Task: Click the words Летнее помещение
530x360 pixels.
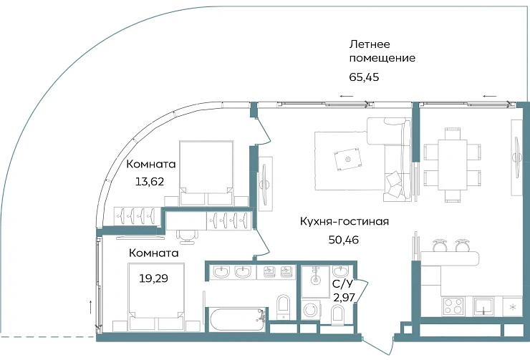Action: pos(381,50)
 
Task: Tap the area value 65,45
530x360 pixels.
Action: pos(363,77)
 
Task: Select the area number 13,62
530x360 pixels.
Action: pos(150,181)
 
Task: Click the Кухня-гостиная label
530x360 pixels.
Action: pos(344,221)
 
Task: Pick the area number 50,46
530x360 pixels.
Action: pos(342,240)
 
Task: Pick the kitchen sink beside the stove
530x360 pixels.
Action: pos(485,307)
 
